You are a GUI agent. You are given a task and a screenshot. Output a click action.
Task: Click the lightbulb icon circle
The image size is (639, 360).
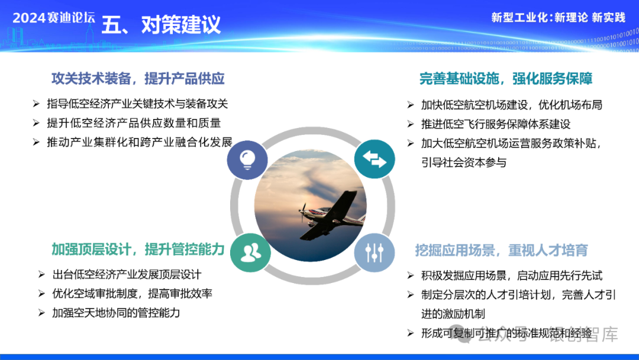click(x=247, y=160)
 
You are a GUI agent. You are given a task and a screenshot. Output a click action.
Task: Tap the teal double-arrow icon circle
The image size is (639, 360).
click(x=375, y=159)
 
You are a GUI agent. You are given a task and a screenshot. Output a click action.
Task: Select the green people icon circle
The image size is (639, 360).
click(x=251, y=253)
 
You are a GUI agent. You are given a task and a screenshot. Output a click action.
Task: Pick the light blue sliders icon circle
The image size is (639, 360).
click(x=375, y=253)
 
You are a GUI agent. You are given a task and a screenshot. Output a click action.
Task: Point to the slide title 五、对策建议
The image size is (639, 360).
click(x=161, y=24)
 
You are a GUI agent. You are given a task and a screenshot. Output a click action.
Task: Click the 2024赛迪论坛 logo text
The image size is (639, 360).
click(x=54, y=18)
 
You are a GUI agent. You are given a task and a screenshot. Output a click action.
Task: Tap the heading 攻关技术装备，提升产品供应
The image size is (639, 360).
click(x=138, y=78)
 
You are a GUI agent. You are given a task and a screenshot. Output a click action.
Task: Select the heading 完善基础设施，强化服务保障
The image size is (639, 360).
click(x=506, y=78)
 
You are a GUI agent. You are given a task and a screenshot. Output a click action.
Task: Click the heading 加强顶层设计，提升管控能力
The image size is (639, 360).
click(x=138, y=249)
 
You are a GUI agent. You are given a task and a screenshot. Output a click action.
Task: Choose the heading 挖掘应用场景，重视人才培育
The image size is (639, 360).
click(x=501, y=250)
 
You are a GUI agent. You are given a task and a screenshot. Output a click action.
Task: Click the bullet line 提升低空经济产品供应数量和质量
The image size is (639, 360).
click(x=134, y=123)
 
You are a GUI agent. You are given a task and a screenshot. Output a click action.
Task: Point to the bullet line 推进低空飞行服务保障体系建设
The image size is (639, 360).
click(x=496, y=124)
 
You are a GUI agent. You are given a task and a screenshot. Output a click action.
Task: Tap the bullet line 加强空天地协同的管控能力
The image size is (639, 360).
click(x=116, y=313)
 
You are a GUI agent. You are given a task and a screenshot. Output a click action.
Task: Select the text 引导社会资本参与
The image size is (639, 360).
click(x=464, y=162)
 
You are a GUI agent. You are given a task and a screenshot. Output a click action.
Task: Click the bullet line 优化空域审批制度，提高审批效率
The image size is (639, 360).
click(x=133, y=294)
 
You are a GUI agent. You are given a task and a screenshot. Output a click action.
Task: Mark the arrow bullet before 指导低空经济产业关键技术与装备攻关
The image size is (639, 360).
click(x=36, y=104)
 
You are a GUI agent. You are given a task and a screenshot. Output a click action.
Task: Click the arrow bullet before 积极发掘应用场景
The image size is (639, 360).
click(x=411, y=275)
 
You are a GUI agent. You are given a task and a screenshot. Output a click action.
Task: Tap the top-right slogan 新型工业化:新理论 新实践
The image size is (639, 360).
click(x=558, y=18)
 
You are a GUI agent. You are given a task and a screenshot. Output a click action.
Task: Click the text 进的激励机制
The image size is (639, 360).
click(x=453, y=314)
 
